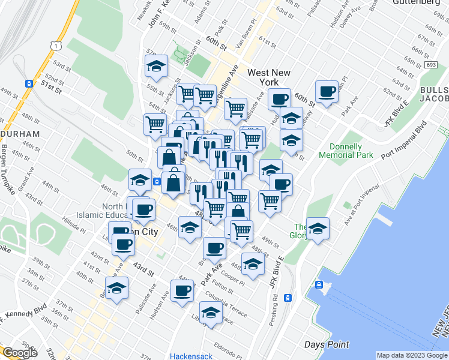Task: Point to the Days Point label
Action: tap(327, 344)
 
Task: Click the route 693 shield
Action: tap(432, 64)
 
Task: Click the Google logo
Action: tap(20, 353)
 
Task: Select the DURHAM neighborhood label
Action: tap(20, 133)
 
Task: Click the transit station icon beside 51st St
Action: tap(29, 83)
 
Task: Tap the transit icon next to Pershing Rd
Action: tap(288, 298)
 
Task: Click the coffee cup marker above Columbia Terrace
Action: tap(182, 291)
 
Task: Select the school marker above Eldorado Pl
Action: tap(211, 313)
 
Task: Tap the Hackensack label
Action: tap(191, 356)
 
